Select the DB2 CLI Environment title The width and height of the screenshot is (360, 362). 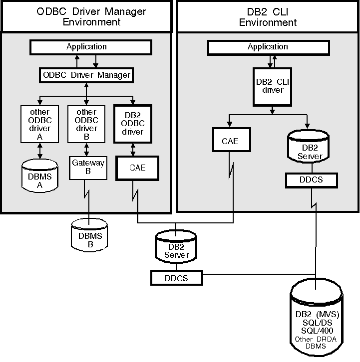[268, 16]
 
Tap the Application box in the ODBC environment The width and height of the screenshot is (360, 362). [91, 47]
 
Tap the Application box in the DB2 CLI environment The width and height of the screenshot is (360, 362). [268, 47]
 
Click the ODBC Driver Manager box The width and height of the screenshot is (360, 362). [86, 75]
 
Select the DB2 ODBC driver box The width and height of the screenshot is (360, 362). [132, 123]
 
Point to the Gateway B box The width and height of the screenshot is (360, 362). [88, 168]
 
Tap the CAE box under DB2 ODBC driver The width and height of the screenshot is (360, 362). [137, 168]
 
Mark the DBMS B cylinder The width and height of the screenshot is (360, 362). [89, 233]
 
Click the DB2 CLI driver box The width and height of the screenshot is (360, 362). [273, 86]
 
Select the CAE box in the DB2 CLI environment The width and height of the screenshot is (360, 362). [230, 141]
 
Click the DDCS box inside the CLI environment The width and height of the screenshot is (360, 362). [311, 180]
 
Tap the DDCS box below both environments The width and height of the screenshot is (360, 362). [176, 278]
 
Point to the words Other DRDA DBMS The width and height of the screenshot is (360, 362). [318, 344]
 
